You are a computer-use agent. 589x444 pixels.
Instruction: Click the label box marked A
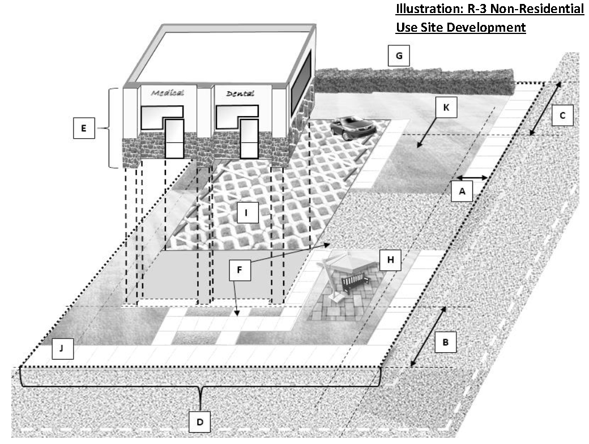pyautogui.click(x=462, y=192)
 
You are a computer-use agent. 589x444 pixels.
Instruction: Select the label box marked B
pyautogui.click(x=445, y=342)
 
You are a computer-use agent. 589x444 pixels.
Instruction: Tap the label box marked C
pyautogui.click(x=562, y=115)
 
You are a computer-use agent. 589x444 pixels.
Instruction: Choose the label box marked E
pyautogui.click(x=84, y=129)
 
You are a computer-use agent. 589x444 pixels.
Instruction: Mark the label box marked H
pyautogui.click(x=389, y=261)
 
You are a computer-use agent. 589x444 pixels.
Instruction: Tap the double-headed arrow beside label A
pyautogui.click(x=472, y=177)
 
